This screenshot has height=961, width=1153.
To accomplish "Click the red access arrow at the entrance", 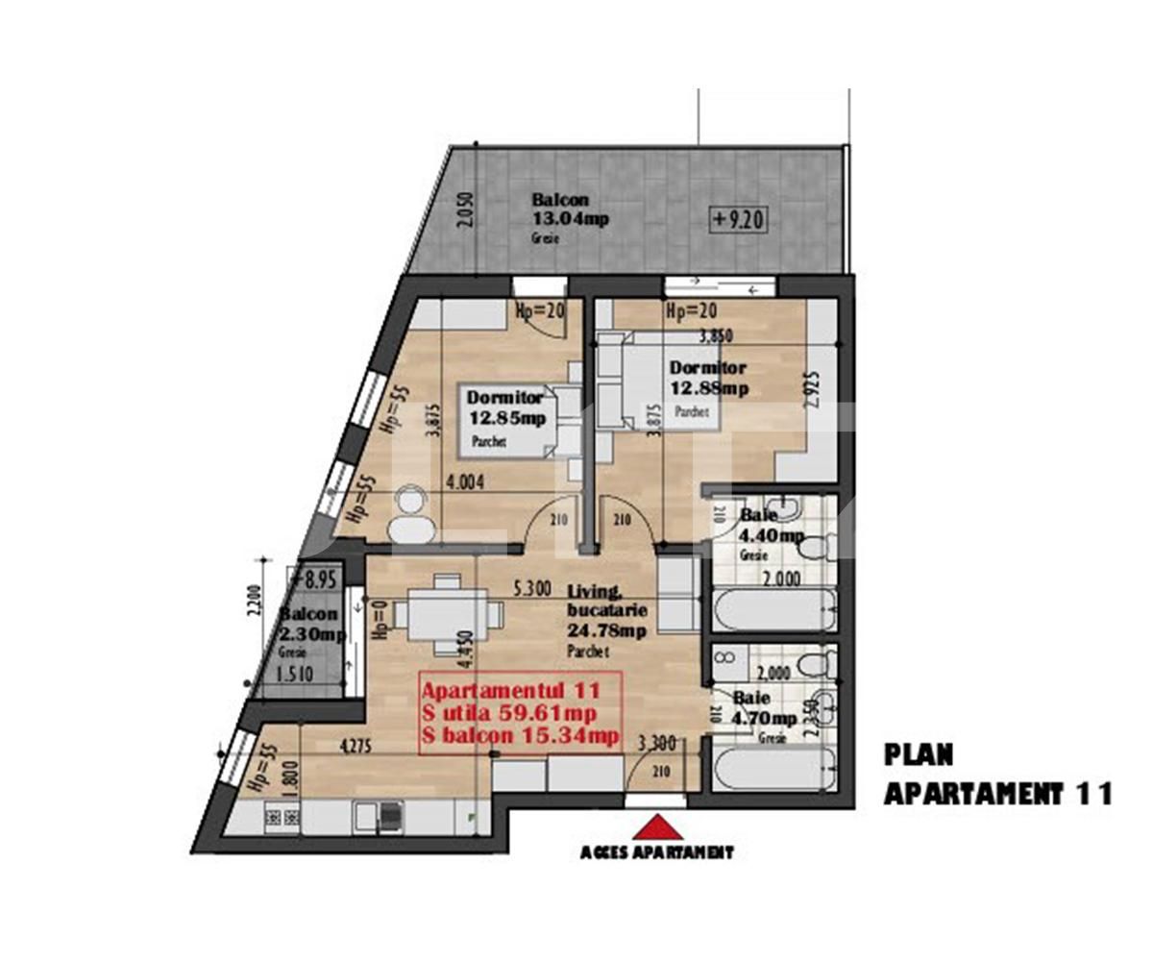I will (x=657, y=829).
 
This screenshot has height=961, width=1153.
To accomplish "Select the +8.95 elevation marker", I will (x=313, y=579).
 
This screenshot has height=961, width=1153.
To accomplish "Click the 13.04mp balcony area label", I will (x=570, y=217).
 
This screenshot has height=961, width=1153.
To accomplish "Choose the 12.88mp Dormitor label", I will (x=709, y=379).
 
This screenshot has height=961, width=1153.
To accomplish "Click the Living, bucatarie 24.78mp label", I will (x=605, y=611).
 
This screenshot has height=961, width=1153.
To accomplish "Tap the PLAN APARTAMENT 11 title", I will (x=995, y=775).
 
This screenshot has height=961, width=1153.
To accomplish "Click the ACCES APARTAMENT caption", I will (x=657, y=852).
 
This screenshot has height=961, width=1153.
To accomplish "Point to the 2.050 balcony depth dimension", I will (x=466, y=209).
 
